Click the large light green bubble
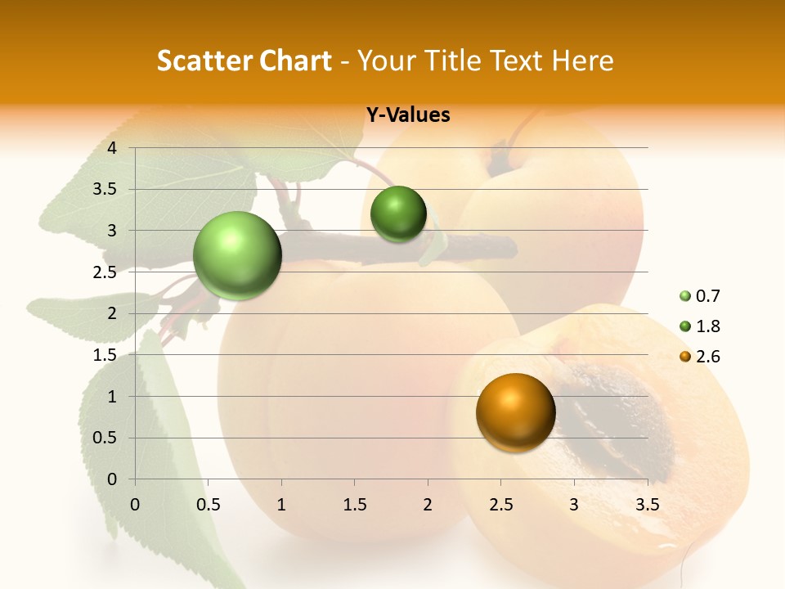click(x=238, y=255)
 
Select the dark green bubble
click(x=398, y=214)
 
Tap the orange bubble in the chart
click(x=515, y=412)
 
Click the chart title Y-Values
click(x=408, y=115)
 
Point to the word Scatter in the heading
click(x=203, y=61)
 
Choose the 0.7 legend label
click(x=708, y=296)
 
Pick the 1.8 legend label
click(x=708, y=326)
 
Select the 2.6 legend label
click(x=708, y=357)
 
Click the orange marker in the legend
click(x=684, y=357)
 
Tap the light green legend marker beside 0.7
click(x=684, y=296)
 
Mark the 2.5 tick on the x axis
click(x=501, y=505)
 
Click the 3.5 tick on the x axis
click(x=648, y=505)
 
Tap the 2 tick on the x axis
click(x=428, y=505)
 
